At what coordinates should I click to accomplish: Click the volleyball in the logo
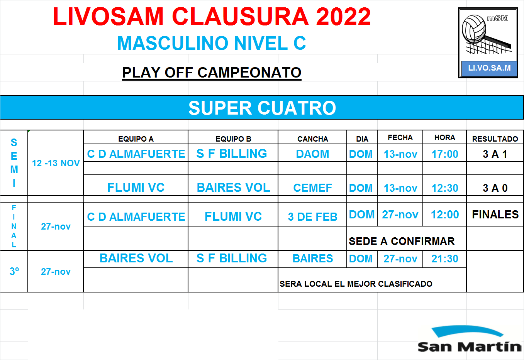click(474, 29)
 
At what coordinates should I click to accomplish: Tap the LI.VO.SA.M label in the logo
click(489, 68)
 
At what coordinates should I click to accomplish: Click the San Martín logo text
click(470, 346)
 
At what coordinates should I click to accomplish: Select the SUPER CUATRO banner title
click(262, 108)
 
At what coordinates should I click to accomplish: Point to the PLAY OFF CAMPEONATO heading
click(212, 73)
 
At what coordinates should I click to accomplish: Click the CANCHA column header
click(313, 139)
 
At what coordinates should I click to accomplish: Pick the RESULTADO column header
click(495, 139)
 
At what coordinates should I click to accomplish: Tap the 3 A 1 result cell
click(495, 154)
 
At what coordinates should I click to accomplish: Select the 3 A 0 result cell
click(495, 188)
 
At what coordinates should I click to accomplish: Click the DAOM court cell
click(312, 154)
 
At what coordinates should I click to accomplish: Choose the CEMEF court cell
click(312, 188)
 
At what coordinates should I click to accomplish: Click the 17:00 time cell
click(445, 154)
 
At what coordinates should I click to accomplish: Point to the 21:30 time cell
click(445, 259)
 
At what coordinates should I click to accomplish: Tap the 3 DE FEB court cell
click(312, 217)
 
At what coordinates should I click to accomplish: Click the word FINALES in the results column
click(495, 215)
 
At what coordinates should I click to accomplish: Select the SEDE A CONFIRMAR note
click(402, 241)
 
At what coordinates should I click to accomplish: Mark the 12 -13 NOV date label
click(56, 163)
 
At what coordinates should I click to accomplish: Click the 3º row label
click(14, 271)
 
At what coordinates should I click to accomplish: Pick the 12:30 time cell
click(445, 188)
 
